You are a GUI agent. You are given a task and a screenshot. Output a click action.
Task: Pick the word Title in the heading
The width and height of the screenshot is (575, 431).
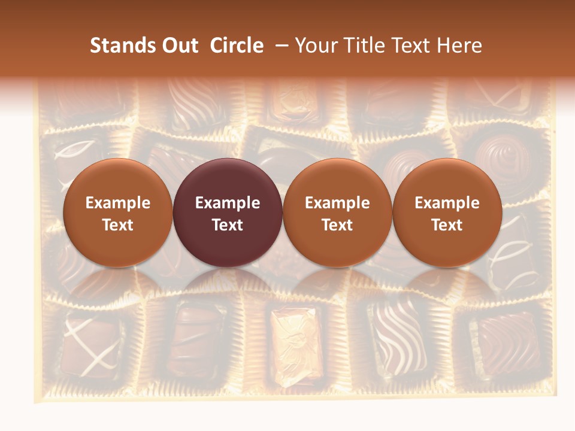coord(362,45)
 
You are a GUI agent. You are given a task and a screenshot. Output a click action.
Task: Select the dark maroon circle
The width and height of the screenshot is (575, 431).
coord(228,213)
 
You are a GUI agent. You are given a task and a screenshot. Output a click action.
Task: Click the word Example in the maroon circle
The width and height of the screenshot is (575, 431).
coord(228,203)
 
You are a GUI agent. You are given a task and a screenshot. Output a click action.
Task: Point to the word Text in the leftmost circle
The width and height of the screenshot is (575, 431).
coord(117,225)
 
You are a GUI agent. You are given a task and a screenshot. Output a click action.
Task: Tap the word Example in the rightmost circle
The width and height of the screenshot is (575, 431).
coord(447,203)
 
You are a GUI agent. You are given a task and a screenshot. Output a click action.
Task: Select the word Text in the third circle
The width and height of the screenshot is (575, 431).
coord(337,225)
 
